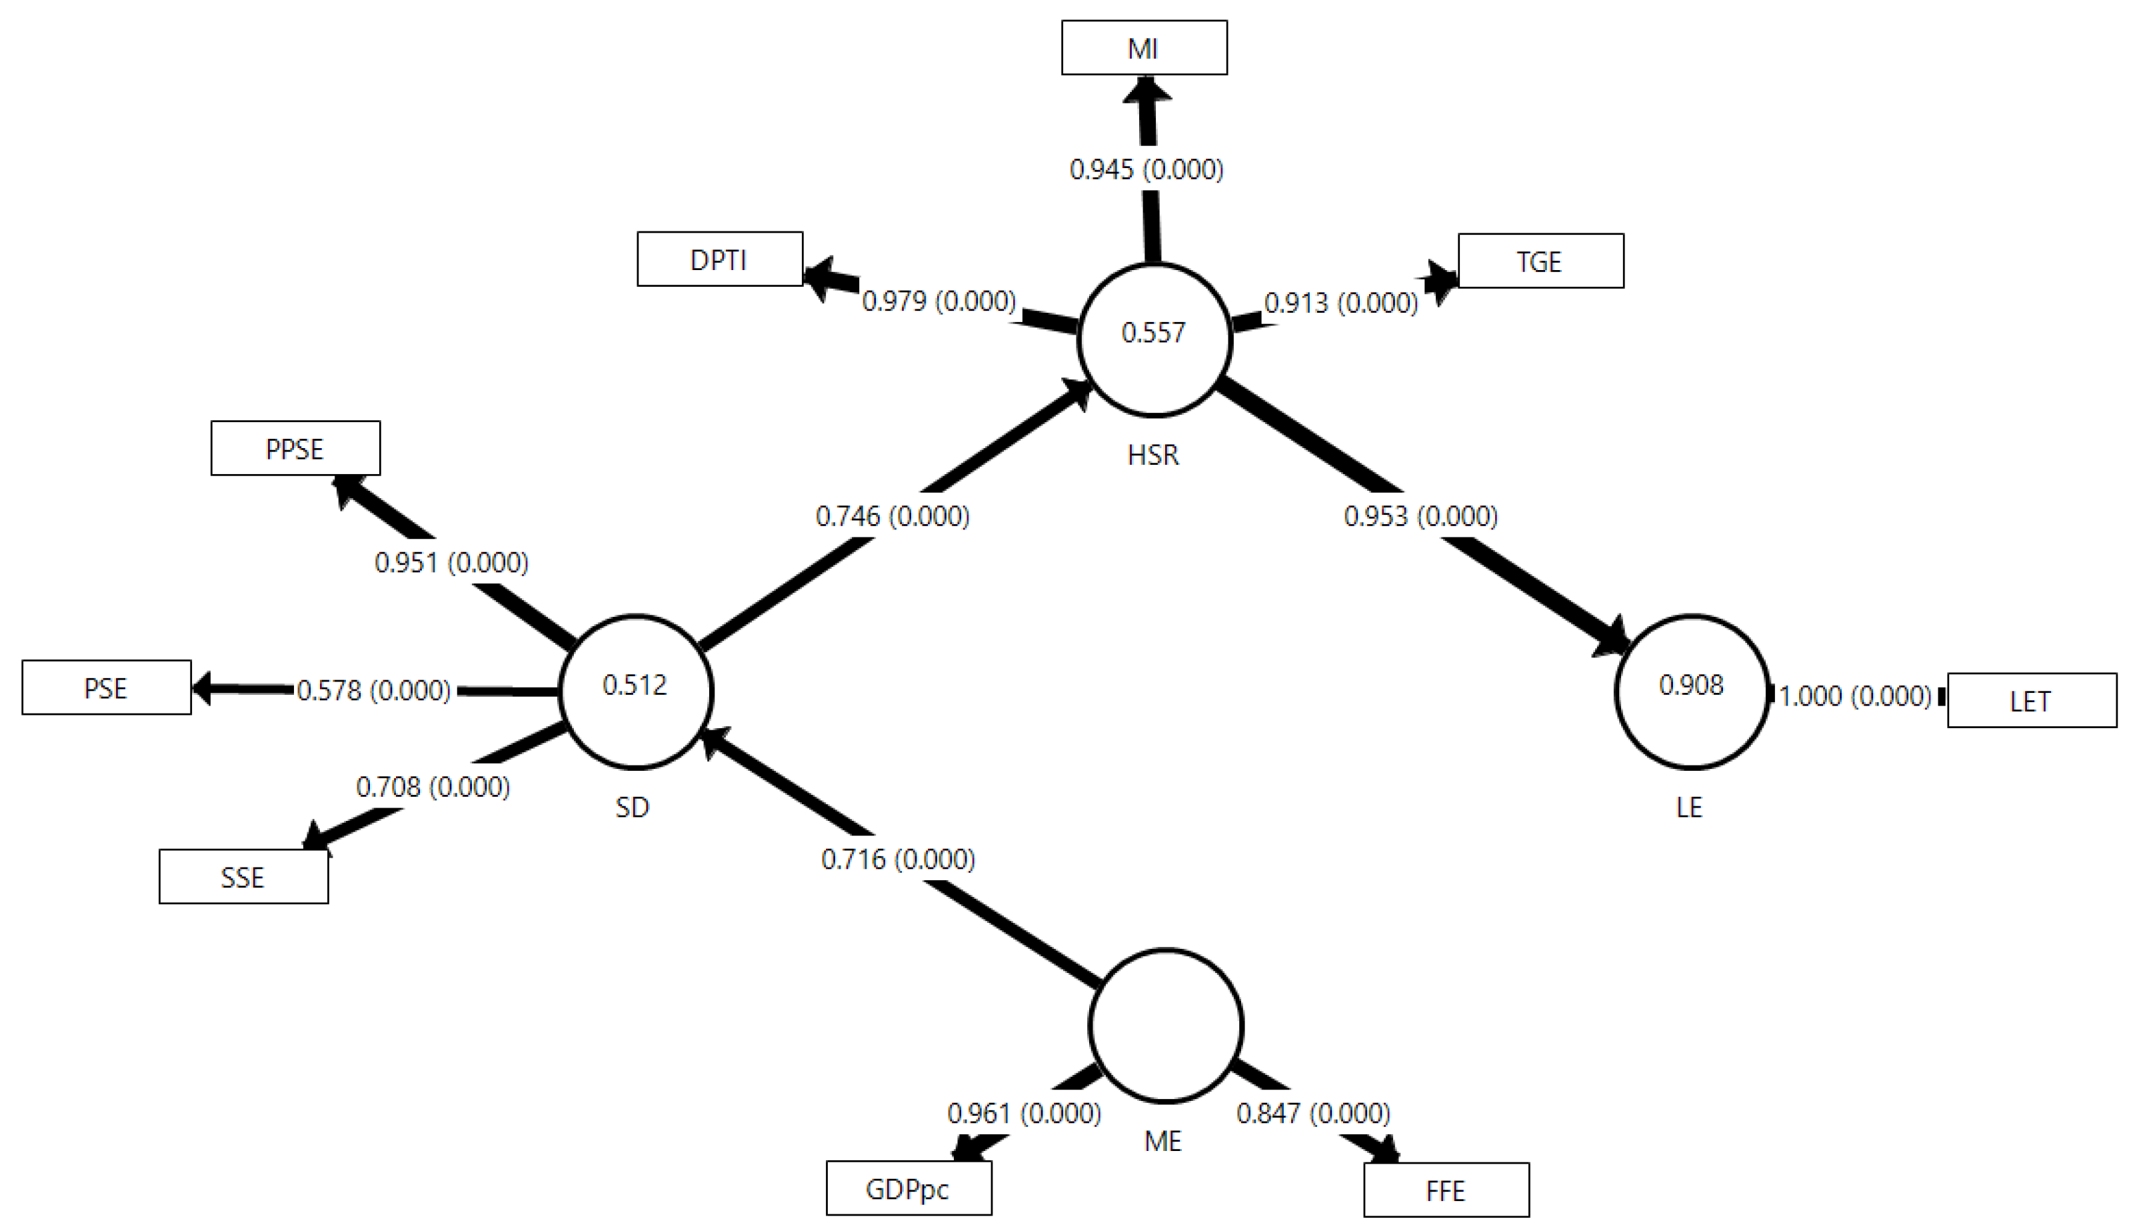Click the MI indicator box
pos(1143,48)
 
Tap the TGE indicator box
pos(1540,261)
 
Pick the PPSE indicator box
pos(295,448)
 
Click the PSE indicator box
pos(106,688)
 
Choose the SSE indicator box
pos(243,877)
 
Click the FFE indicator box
pos(1445,1190)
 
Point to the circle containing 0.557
pos(1154,339)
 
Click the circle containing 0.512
pos(635,692)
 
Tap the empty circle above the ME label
pos(1165,1025)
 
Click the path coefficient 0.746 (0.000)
pos(892,515)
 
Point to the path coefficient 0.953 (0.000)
pos(1420,515)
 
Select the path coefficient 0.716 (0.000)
pos(898,860)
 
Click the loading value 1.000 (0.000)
pos(1854,696)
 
